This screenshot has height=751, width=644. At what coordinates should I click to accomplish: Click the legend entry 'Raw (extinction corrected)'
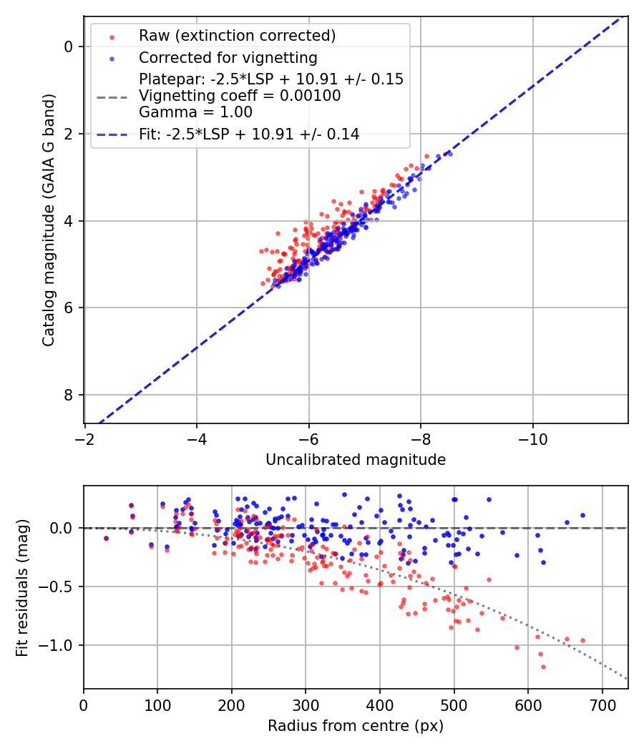pyautogui.click(x=237, y=36)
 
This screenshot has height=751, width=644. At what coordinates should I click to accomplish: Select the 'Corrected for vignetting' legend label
pyautogui.click(x=228, y=57)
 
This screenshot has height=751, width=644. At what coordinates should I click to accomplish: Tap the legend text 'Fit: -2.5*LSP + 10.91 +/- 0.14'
pyautogui.click(x=249, y=134)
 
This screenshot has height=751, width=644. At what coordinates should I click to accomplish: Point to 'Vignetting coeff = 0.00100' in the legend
pyautogui.click(x=240, y=96)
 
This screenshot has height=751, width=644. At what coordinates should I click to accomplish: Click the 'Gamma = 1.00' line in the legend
pyautogui.click(x=195, y=112)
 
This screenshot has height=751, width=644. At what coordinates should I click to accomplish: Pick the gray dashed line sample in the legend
pyautogui.click(x=111, y=96)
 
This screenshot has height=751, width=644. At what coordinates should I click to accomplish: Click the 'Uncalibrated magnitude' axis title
pyautogui.click(x=356, y=460)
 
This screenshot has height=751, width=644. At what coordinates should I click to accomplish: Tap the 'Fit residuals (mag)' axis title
pyautogui.click(x=22, y=588)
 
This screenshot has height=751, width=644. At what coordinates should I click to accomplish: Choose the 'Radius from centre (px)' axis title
pyautogui.click(x=356, y=726)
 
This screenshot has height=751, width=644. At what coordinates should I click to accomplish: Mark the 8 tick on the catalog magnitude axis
pyautogui.click(x=69, y=395)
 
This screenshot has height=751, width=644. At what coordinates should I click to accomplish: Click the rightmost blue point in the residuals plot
pyautogui.click(x=582, y=515)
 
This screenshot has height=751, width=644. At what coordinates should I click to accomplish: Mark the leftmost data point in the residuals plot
pyautogui.click(x=106, y=538)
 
